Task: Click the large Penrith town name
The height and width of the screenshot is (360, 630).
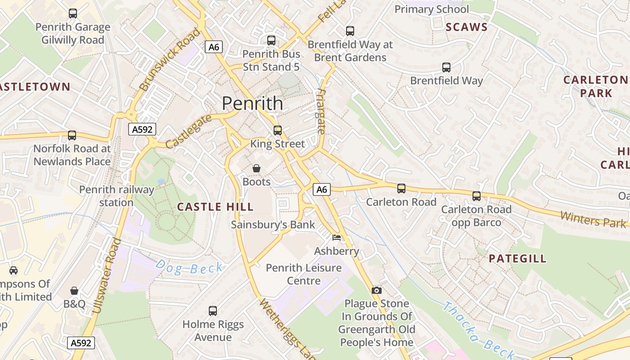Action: [252, 103]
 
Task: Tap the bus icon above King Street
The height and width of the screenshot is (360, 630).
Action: [278, 130]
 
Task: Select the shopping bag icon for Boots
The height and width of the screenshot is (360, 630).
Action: [256, 168]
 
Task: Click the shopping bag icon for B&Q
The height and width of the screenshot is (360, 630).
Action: [74, 291]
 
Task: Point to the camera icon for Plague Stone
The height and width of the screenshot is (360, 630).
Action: [376, 290]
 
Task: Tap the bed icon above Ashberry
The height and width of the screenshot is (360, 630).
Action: [336, 237]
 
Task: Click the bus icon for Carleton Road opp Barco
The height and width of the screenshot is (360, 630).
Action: [476, 196]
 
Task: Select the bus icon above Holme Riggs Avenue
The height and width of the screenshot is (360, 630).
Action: [213, 310]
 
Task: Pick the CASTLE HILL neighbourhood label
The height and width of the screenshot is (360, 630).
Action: [215, 207]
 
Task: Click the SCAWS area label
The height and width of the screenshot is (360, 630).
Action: [467, 27]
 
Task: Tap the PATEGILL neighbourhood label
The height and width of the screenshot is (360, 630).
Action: [517, 258]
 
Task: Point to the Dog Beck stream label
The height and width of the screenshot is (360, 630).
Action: [189, 268]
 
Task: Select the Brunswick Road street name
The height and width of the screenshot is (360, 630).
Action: [169, 60]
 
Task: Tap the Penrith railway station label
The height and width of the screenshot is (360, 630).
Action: [117, 196]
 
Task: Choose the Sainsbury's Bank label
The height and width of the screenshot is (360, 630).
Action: [273, 225]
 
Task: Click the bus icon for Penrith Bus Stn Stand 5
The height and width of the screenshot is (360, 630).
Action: [271, 40]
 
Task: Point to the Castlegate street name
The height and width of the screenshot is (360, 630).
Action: [188, 131]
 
